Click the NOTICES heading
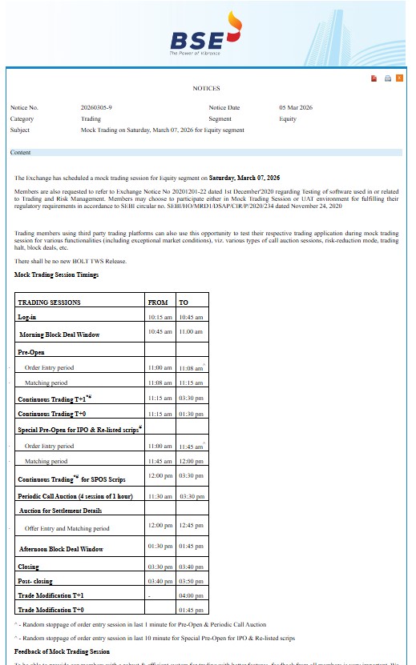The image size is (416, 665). pos(205,89)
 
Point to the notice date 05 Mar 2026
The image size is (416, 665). pos(296,107)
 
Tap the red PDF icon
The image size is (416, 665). pos(374,78)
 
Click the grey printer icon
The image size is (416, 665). pos(387,78)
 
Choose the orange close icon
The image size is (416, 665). pos(399,78)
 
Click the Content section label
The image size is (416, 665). pos(21,152)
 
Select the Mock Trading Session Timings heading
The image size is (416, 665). pos(56,274)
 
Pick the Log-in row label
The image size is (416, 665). pos(27,318)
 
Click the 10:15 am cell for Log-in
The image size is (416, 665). pos(160,318)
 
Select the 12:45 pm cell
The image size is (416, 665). pos(191,525)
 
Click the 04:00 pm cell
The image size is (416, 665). pos(191,595)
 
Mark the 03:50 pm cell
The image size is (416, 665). pos(191,581)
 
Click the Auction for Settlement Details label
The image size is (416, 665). pos(60,511)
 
